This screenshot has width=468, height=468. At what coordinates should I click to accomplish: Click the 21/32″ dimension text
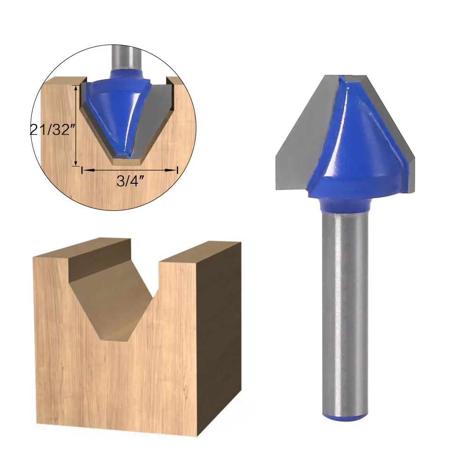(52, 130)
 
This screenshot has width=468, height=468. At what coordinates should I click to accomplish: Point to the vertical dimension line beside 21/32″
(76, 125)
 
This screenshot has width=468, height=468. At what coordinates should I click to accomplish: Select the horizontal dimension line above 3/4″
(130, 171)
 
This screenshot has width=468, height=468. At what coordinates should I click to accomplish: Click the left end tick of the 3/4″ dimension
(82, 171)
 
